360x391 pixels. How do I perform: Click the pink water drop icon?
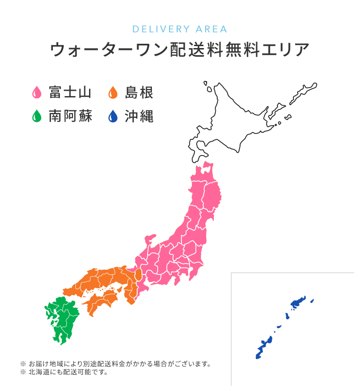[36, 92]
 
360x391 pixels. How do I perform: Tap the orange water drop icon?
[113, 92]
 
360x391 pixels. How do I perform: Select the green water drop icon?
[36, 116]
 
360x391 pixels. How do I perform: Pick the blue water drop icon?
[113, 116]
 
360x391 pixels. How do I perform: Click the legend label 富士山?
[70, 92]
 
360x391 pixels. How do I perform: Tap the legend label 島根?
[139, 92]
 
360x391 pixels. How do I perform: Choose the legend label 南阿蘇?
[70, 116]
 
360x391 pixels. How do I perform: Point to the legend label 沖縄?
[139, 116]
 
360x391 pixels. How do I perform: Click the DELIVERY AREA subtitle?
[180, 29]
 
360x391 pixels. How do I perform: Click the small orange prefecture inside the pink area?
[138, 275]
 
